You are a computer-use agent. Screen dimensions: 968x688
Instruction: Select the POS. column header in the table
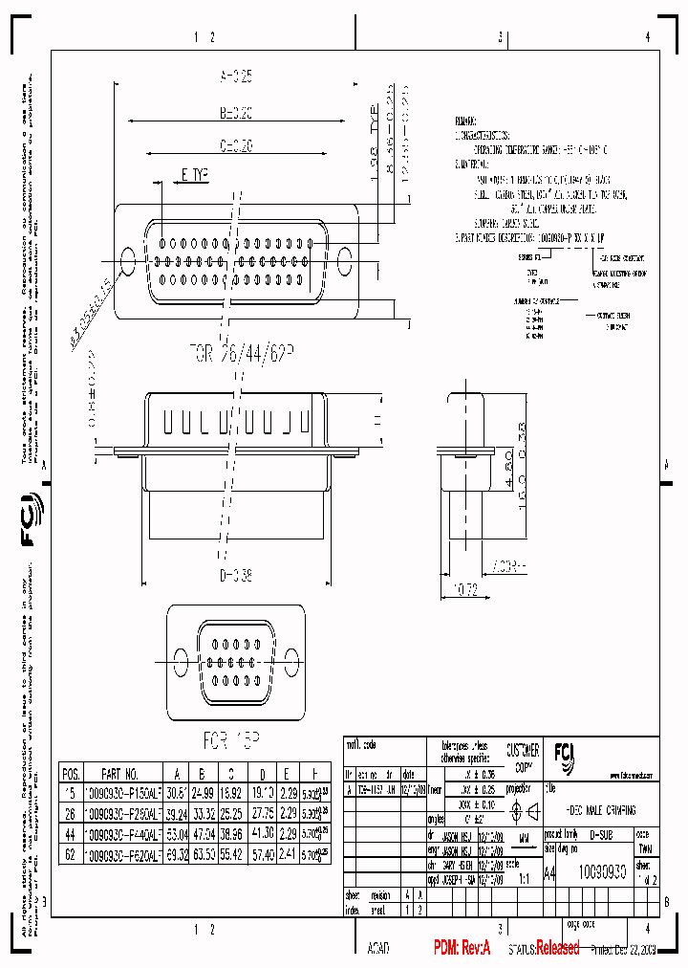point(71,773)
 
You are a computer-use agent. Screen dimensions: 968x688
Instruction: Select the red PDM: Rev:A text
point(462,948)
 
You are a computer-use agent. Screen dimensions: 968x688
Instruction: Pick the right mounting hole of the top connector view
point(345,258)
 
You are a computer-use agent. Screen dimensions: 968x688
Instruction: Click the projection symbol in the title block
point(525,811)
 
